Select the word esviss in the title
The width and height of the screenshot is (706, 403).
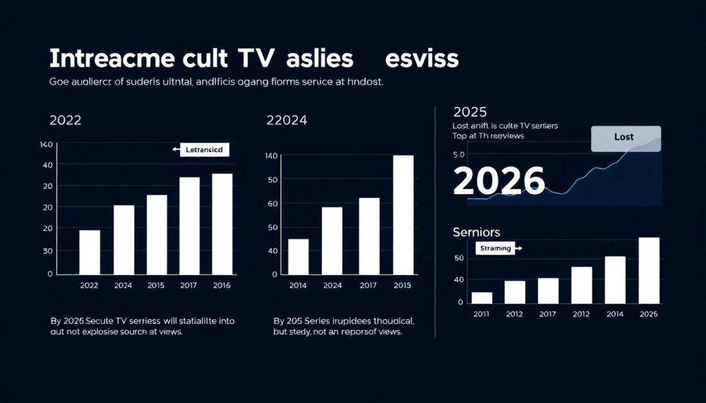click(x=422, y=59)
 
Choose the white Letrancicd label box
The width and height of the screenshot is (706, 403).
click(x=205, y=149)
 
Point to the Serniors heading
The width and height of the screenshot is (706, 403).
click(x=476, y=232)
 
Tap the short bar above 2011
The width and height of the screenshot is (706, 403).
click(x=482, y=298)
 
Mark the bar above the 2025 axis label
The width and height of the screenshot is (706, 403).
click(x=649, y=270)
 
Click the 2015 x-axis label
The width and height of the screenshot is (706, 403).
click(x=157, y=285)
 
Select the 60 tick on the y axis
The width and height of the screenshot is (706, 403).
click(x=272, y=204)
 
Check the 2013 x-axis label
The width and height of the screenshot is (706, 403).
click(x=401, y=285)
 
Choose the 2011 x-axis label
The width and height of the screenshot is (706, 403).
click(x=482, y=314)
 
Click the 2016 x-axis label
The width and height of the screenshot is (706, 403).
click(x=221, y=285)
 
